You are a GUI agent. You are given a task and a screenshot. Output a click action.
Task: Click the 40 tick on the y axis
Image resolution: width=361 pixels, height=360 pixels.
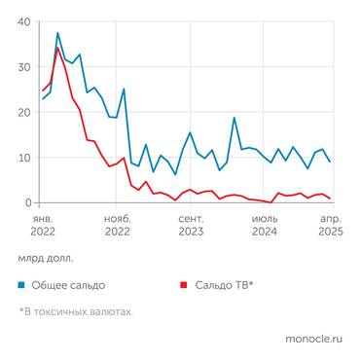click(x=23, y=21)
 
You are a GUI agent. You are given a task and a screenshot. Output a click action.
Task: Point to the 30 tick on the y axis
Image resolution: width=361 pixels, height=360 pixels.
click(x=23, y=67)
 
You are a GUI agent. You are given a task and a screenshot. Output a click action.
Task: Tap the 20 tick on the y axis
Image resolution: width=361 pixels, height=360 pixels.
click(x=23, y=112)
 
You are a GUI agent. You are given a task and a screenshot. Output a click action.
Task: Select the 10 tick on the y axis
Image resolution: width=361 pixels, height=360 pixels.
click(x=23, y=158)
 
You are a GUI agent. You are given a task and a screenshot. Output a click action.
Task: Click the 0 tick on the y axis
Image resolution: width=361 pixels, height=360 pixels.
click(x=27, y=202)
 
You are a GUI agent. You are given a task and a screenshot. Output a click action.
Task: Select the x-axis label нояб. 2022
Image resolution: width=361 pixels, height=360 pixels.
click(x=117, y=226)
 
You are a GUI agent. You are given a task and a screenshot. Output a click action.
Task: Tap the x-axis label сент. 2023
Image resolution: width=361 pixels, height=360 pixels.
click(x=190, y=226)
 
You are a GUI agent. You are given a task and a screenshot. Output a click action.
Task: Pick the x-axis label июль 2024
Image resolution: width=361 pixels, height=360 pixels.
click(x=264, y=226)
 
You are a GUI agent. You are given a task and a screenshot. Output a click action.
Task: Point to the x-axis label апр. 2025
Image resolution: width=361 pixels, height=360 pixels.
click(x=330, y=226)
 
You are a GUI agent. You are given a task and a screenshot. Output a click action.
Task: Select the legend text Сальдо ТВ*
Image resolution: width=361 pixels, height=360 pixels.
click(x=225, y=285)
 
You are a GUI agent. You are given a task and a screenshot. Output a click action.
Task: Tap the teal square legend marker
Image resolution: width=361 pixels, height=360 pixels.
click(x=21, y=285)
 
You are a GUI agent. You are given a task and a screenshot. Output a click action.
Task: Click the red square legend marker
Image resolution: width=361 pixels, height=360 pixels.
click(x=184, y=285)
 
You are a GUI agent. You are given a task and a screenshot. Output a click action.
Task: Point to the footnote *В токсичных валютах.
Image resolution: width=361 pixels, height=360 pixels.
click(x=75, y=311)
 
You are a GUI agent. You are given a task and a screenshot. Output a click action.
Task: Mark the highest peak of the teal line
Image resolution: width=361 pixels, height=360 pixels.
click(x=57, y=33)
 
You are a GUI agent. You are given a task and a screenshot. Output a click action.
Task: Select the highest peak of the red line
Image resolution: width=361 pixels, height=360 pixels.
click(x=57, y=48)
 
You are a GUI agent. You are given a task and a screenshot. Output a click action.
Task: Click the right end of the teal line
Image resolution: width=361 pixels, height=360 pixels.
click(x=331, y=162)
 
